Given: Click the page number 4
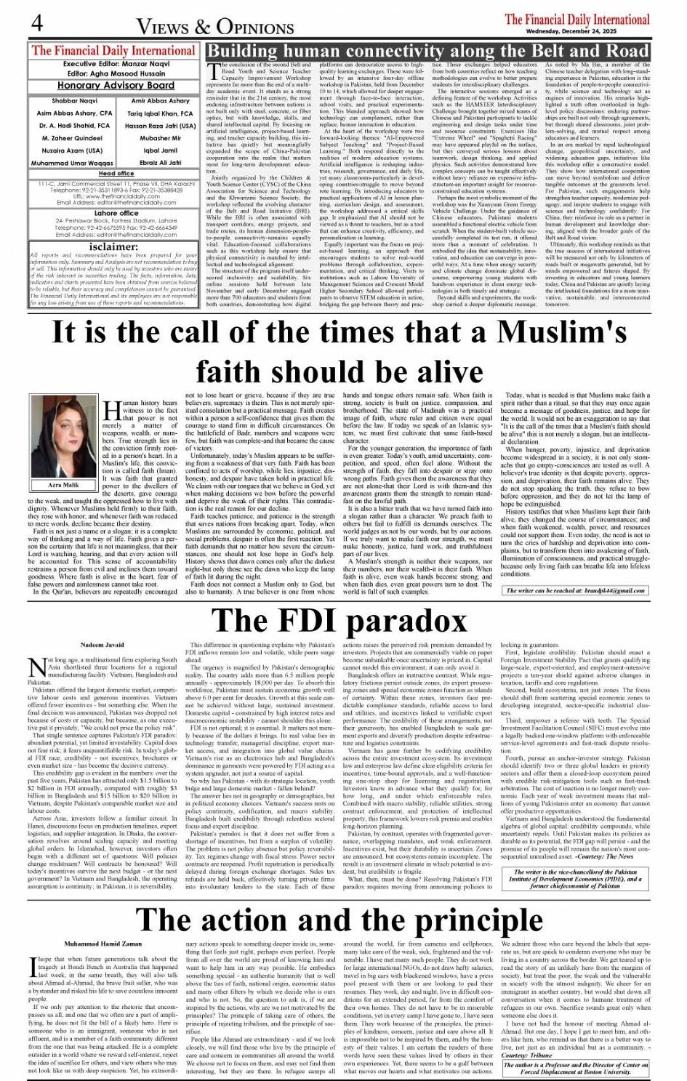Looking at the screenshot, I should (37, 23).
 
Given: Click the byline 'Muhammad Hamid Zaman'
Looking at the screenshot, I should (103, 943).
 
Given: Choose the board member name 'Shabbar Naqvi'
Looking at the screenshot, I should (75, 101).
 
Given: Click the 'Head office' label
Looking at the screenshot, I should (116, 174).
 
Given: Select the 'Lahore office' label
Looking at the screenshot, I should (116, 213).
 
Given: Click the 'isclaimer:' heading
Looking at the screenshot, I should (113, 246).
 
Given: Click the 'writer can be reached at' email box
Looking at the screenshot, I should (576, 590).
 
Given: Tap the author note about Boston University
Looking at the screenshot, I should (576, 1067).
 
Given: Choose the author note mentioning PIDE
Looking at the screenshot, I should (576, 878).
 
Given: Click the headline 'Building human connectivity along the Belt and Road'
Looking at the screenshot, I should (427, 52).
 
